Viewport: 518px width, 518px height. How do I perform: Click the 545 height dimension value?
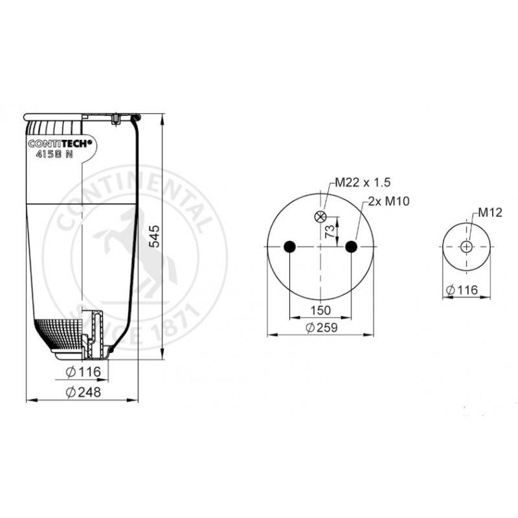[155, 236]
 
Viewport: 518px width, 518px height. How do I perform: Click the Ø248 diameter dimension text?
[84, 392]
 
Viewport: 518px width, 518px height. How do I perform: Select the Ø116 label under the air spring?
[84, 372]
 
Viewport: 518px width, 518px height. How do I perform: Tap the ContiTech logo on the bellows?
[60, 143]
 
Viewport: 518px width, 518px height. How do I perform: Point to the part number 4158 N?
[54, 154]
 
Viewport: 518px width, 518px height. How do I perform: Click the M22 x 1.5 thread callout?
[363, 183]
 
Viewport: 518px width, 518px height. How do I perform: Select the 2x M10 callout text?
[388, 201]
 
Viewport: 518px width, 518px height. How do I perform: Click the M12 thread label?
[490, 212]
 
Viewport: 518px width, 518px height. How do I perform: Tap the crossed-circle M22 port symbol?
[320, 217]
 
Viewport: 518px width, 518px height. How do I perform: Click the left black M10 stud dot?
[289, 247]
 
